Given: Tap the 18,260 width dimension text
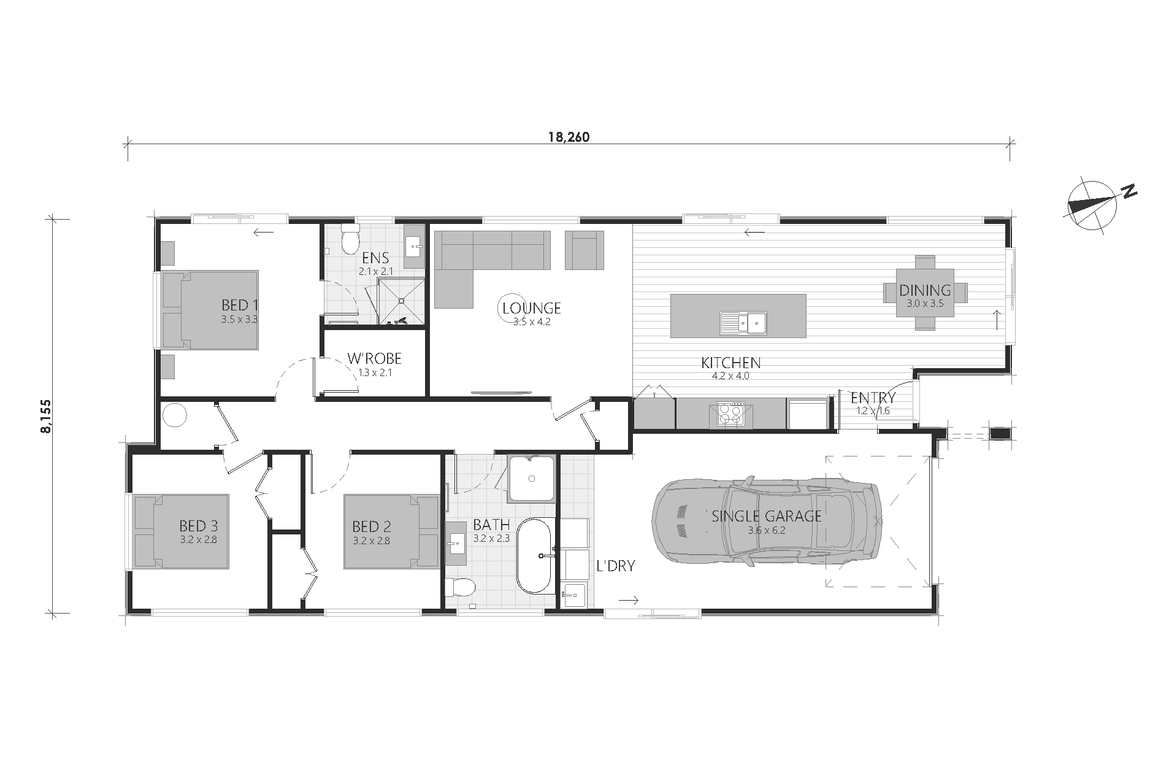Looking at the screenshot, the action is [x=569, y=137].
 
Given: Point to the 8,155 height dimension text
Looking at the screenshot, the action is [x=46, y=416].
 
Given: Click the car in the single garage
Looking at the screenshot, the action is [x=767, y=521].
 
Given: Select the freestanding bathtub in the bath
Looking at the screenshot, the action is [x=535, y=555].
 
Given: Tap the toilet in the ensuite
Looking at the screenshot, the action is [x=351, y=240].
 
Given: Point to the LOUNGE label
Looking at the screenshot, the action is [x=531, y=309].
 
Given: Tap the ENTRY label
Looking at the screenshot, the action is [x=873, y=398].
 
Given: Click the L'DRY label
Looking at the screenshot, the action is [x=616, y=566].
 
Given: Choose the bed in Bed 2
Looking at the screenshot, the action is [x=391, y=531].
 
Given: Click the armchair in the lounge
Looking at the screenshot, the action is [x=584, y=250].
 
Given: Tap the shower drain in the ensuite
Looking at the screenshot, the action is [x=402, y=301].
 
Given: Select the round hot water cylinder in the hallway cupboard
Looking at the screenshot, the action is [x=174, y=415].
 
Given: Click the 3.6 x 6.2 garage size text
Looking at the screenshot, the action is [x=766, y=531].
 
